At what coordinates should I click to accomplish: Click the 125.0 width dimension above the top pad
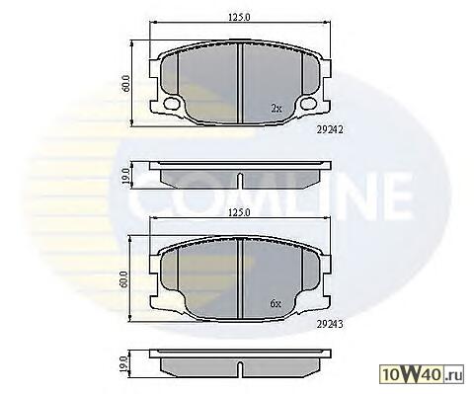point(240,17)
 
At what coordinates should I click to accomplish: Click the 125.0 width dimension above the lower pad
point(240,212)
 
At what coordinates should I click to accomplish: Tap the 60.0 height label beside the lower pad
point(124,279)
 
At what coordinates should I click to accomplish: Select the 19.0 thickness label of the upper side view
point(125,176)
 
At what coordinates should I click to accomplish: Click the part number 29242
point(330,130)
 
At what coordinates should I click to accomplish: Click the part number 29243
point(330,324)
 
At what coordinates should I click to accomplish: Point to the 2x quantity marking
point(276,108)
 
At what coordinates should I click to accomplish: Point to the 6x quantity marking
point(276,303)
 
